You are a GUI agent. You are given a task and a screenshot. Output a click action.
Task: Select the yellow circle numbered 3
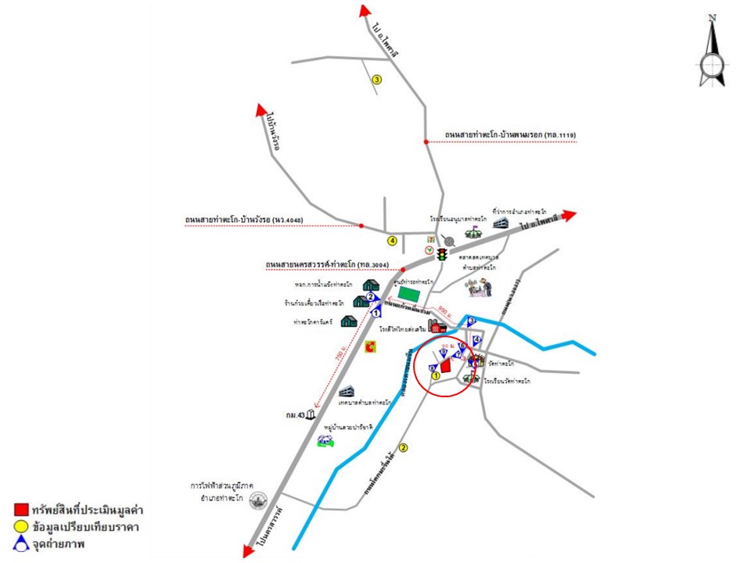[x=376, y=80]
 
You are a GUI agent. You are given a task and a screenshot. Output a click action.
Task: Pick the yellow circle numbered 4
[x=393, y=240]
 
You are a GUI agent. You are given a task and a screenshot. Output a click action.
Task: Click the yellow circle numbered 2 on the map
[x=404, y=448]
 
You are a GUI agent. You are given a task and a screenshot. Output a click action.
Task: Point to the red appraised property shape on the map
[x=445, y=365]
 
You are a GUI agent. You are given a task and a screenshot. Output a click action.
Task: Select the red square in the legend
[x=21, y=510]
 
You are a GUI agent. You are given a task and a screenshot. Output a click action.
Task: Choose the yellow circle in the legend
[x=21, y=525]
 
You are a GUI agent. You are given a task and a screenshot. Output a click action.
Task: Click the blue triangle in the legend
[x=21, y=542]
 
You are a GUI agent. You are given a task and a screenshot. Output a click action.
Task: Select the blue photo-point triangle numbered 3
[x=471, y=320]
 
